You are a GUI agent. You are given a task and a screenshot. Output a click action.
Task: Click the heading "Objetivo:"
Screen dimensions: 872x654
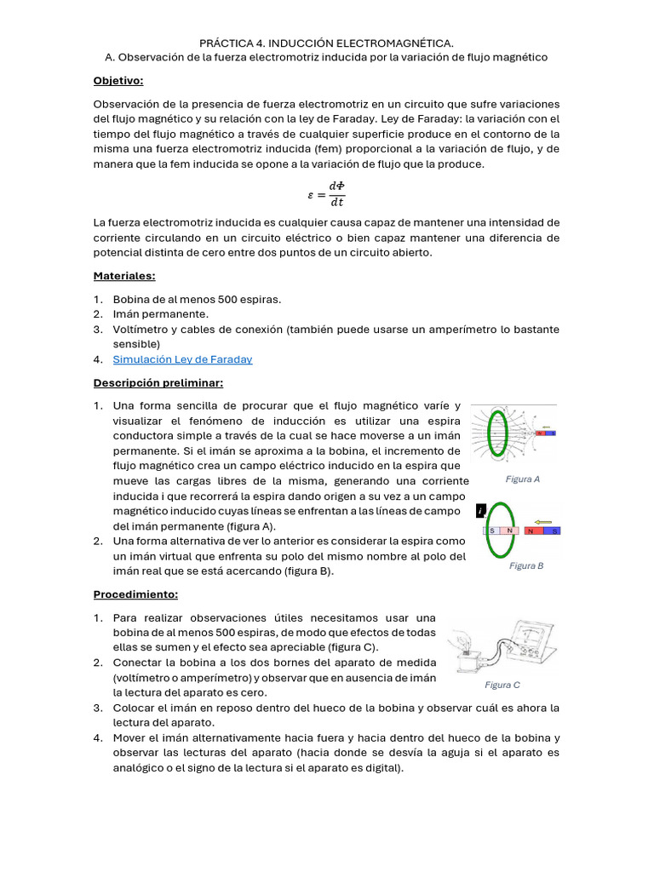(x=118, y=81)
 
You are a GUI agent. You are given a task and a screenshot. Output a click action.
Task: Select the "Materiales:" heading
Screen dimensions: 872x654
(x=124, y=276)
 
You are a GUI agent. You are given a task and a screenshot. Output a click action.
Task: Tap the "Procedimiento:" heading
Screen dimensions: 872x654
(x=136, y=594)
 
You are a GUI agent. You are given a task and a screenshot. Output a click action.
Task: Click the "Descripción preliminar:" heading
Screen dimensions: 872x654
(x=158, y=382)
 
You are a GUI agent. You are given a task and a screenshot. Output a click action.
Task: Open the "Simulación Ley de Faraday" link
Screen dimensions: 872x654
(x=182, y=359)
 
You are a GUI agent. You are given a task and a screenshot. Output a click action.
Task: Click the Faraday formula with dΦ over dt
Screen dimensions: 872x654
(x=326, y=194)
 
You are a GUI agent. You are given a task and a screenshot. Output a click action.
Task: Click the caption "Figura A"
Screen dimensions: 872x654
(x=522, y=479)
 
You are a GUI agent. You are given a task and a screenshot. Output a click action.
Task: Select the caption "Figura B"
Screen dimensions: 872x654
(x=526, y=565)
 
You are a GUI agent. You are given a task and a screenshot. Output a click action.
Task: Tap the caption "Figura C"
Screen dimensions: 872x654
(x=502, y=685)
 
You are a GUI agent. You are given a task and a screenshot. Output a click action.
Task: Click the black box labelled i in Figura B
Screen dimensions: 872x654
(x=481, y=511)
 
